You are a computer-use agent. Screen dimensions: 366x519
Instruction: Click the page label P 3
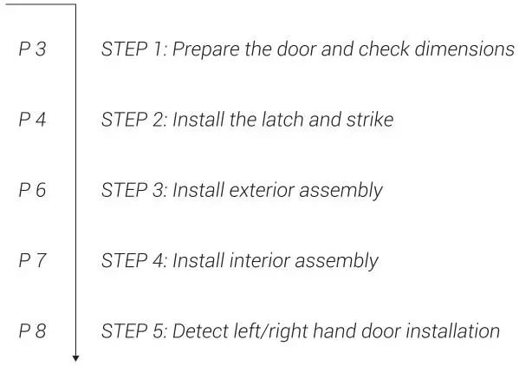(32, 49)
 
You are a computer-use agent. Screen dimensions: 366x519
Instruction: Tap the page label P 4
(32, 120)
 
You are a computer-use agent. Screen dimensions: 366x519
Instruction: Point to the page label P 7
(32, 261)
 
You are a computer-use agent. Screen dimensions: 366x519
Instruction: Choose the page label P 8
(32, 331)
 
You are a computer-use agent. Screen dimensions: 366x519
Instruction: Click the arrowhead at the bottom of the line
(76, 356)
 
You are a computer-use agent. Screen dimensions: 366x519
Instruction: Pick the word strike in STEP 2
(369, 120)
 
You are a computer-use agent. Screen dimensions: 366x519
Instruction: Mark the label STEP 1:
(133, 49)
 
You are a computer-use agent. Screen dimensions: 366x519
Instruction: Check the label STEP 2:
(133, 120)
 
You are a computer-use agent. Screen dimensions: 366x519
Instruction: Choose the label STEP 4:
(133, 261)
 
